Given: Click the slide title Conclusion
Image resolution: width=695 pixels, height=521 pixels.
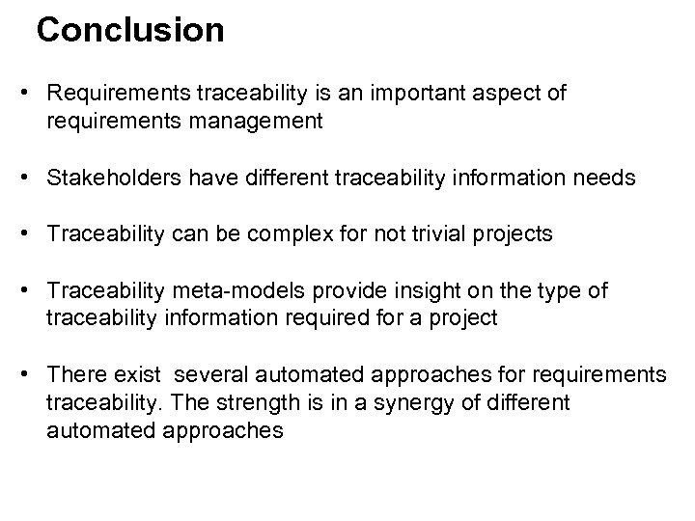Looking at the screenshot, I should [130, 30].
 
